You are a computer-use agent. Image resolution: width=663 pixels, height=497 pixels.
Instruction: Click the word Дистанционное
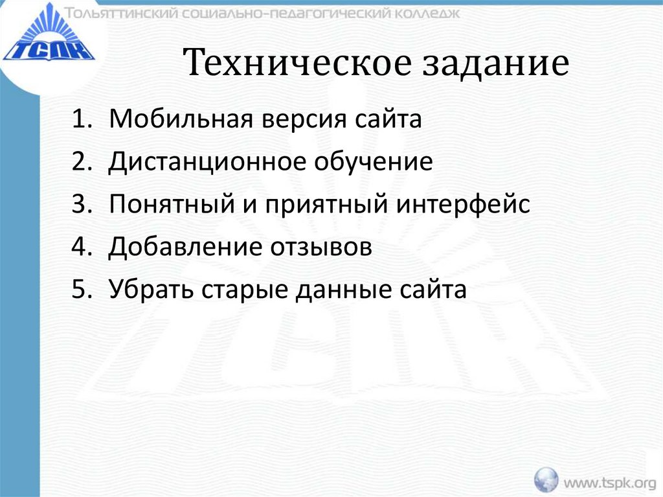coord(207,163)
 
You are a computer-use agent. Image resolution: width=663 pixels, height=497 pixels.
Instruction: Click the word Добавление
coord(175,248)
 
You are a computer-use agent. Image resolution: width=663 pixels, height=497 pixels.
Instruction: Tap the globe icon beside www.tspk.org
coord(546,480)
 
